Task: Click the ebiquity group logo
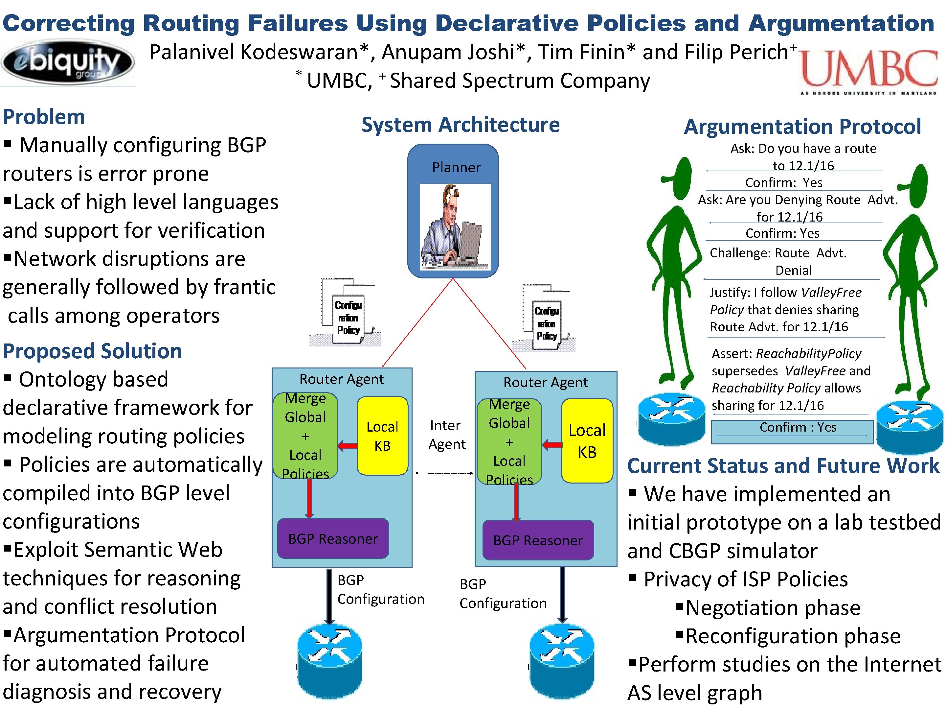click(68, 63)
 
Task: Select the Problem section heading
click(44, 117)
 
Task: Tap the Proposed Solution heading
click(92, 351)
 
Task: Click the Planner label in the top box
click(456, 167)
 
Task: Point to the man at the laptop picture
click(455, 226)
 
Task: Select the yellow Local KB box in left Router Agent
click(382, 436)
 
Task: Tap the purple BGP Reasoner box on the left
click(333, 538)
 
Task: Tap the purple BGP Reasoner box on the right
click(538, 540)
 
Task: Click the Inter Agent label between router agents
click(446, 435)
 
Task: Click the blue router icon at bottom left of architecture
click(329, 661)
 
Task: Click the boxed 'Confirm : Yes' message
click(792, 431)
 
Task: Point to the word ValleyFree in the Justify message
click(831, 292)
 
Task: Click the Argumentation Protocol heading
click(802, 127)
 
